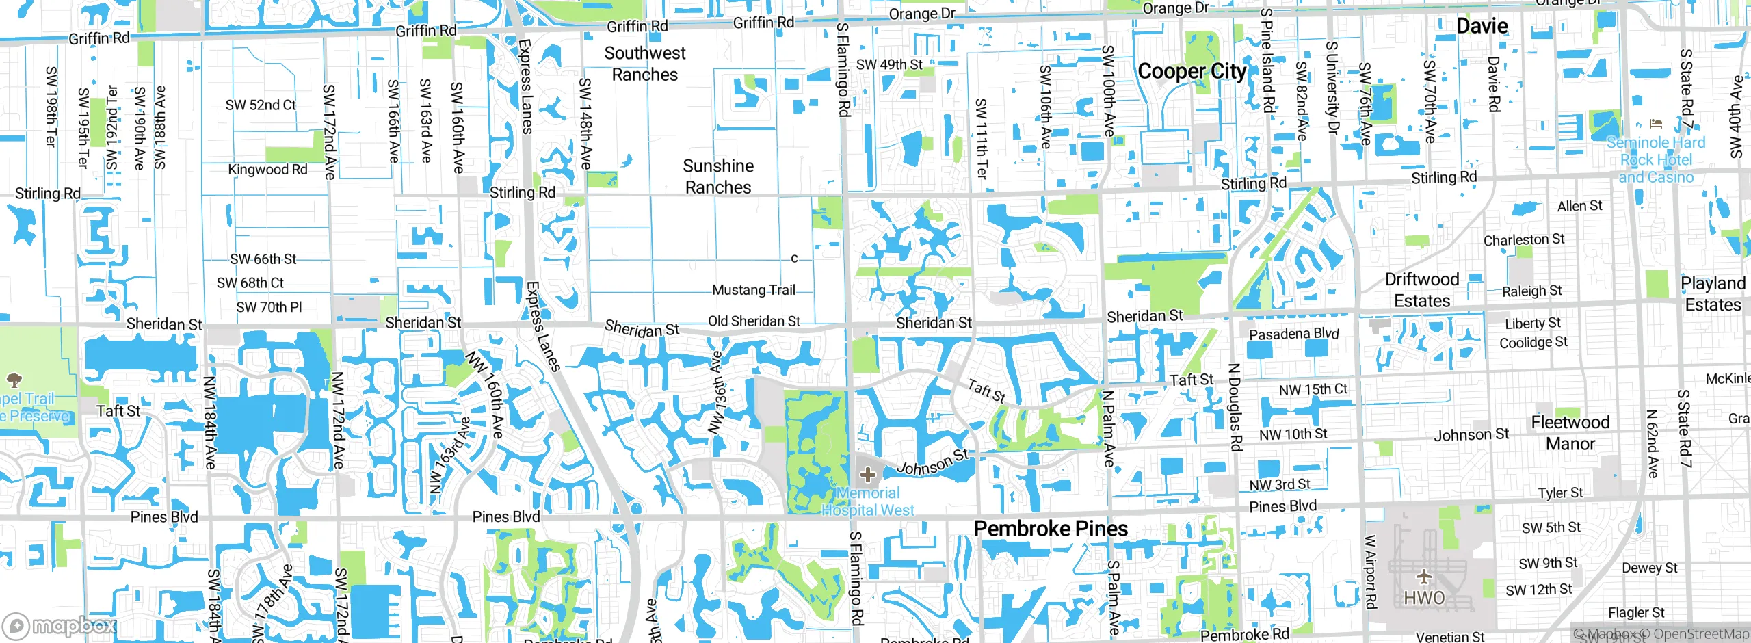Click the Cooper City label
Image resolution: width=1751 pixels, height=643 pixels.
point(1192,72)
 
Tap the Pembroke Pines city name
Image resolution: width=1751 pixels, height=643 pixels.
point(1051,529)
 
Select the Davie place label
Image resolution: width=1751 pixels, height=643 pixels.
point(1482,27)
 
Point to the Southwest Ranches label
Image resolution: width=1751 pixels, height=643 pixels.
point(644,64)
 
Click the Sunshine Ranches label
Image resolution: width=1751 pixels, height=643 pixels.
point(718,176)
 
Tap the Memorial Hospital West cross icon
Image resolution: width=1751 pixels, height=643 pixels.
point(868,474)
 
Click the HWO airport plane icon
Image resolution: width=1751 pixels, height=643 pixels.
point(1424,577)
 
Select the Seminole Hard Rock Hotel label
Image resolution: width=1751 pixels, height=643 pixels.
point(1656,160)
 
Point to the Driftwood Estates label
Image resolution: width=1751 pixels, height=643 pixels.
point(1422,290)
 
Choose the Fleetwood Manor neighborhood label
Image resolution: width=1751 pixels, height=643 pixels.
point(1570,433)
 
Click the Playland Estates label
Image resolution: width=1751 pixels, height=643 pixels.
point(1713,294)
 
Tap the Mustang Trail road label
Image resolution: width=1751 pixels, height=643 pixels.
point(754,290)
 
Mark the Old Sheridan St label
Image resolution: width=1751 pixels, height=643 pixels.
point(754,321)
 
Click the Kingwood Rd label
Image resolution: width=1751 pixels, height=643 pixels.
point(267,170)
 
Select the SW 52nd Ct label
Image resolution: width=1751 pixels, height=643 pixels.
point(261,105)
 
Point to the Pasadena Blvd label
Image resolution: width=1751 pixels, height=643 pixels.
point(1294,334)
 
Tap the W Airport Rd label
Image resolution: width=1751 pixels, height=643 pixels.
point(1370,572)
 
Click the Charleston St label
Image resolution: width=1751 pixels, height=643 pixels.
point(1524,240)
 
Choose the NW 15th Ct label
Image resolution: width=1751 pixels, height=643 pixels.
point(1313,390)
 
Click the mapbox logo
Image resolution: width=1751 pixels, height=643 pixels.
point(60,625)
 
